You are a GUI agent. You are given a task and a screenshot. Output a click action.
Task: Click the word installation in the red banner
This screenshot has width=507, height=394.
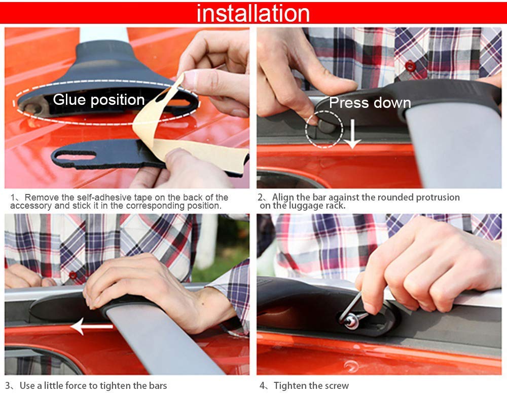pos(253,13)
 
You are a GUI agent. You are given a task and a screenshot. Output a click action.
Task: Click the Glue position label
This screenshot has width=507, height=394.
pos(99,100)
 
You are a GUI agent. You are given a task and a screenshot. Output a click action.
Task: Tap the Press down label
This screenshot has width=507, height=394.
pos(370,103)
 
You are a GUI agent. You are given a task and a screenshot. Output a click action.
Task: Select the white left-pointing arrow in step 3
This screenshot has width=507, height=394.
pos(91,327)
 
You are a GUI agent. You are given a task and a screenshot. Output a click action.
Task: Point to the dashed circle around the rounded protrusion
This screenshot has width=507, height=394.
pos(324,129)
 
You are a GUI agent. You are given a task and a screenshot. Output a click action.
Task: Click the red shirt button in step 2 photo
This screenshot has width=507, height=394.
pos(410,65)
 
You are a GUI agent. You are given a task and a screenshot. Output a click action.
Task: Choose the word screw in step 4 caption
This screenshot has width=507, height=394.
pos(334,386)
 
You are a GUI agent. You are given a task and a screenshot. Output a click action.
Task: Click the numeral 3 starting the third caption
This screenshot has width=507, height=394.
pos(8,386)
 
